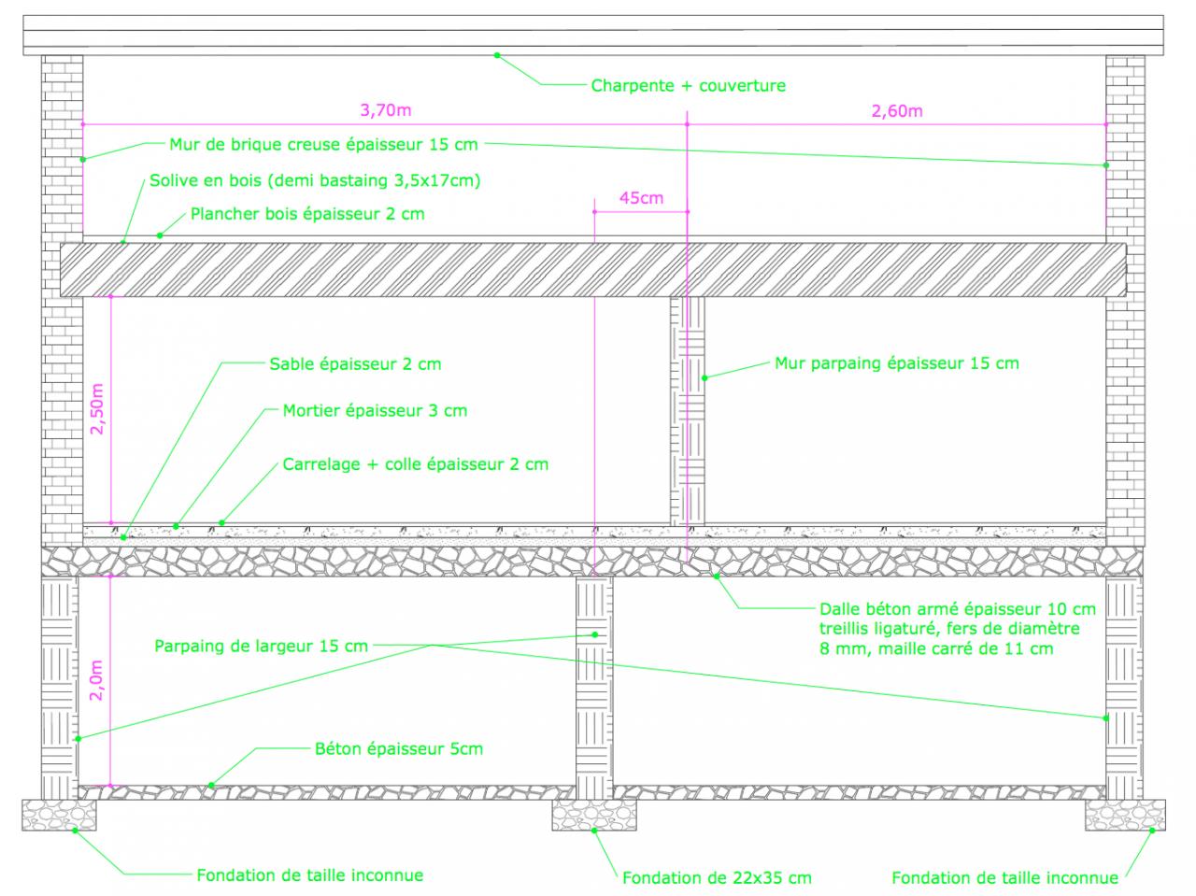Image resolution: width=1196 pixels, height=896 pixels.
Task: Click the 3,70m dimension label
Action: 385,110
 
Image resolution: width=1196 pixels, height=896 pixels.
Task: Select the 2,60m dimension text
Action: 896,111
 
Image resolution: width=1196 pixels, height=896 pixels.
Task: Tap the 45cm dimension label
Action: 641,197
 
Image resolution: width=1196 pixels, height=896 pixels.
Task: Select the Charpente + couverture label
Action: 688,86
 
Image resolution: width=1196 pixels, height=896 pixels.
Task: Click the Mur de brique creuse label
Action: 323,145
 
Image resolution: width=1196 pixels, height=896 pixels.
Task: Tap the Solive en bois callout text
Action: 315,179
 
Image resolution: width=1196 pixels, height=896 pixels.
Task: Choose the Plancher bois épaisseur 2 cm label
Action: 307,214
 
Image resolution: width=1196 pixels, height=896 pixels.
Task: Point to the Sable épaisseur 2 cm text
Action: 355,364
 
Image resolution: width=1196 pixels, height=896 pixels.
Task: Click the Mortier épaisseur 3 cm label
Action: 375,410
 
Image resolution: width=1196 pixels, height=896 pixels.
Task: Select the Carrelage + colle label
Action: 416,464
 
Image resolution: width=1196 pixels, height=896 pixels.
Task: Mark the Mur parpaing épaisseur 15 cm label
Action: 896,363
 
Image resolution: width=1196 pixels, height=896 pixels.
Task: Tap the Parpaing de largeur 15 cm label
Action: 262,646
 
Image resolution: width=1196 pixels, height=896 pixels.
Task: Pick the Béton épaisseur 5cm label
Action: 399,748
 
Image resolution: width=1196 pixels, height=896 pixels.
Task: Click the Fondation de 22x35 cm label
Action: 717,877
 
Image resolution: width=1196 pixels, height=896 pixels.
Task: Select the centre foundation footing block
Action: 593,815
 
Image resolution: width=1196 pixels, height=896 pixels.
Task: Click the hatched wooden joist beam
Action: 593,270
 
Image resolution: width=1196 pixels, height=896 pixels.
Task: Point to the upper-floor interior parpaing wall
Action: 688,411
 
